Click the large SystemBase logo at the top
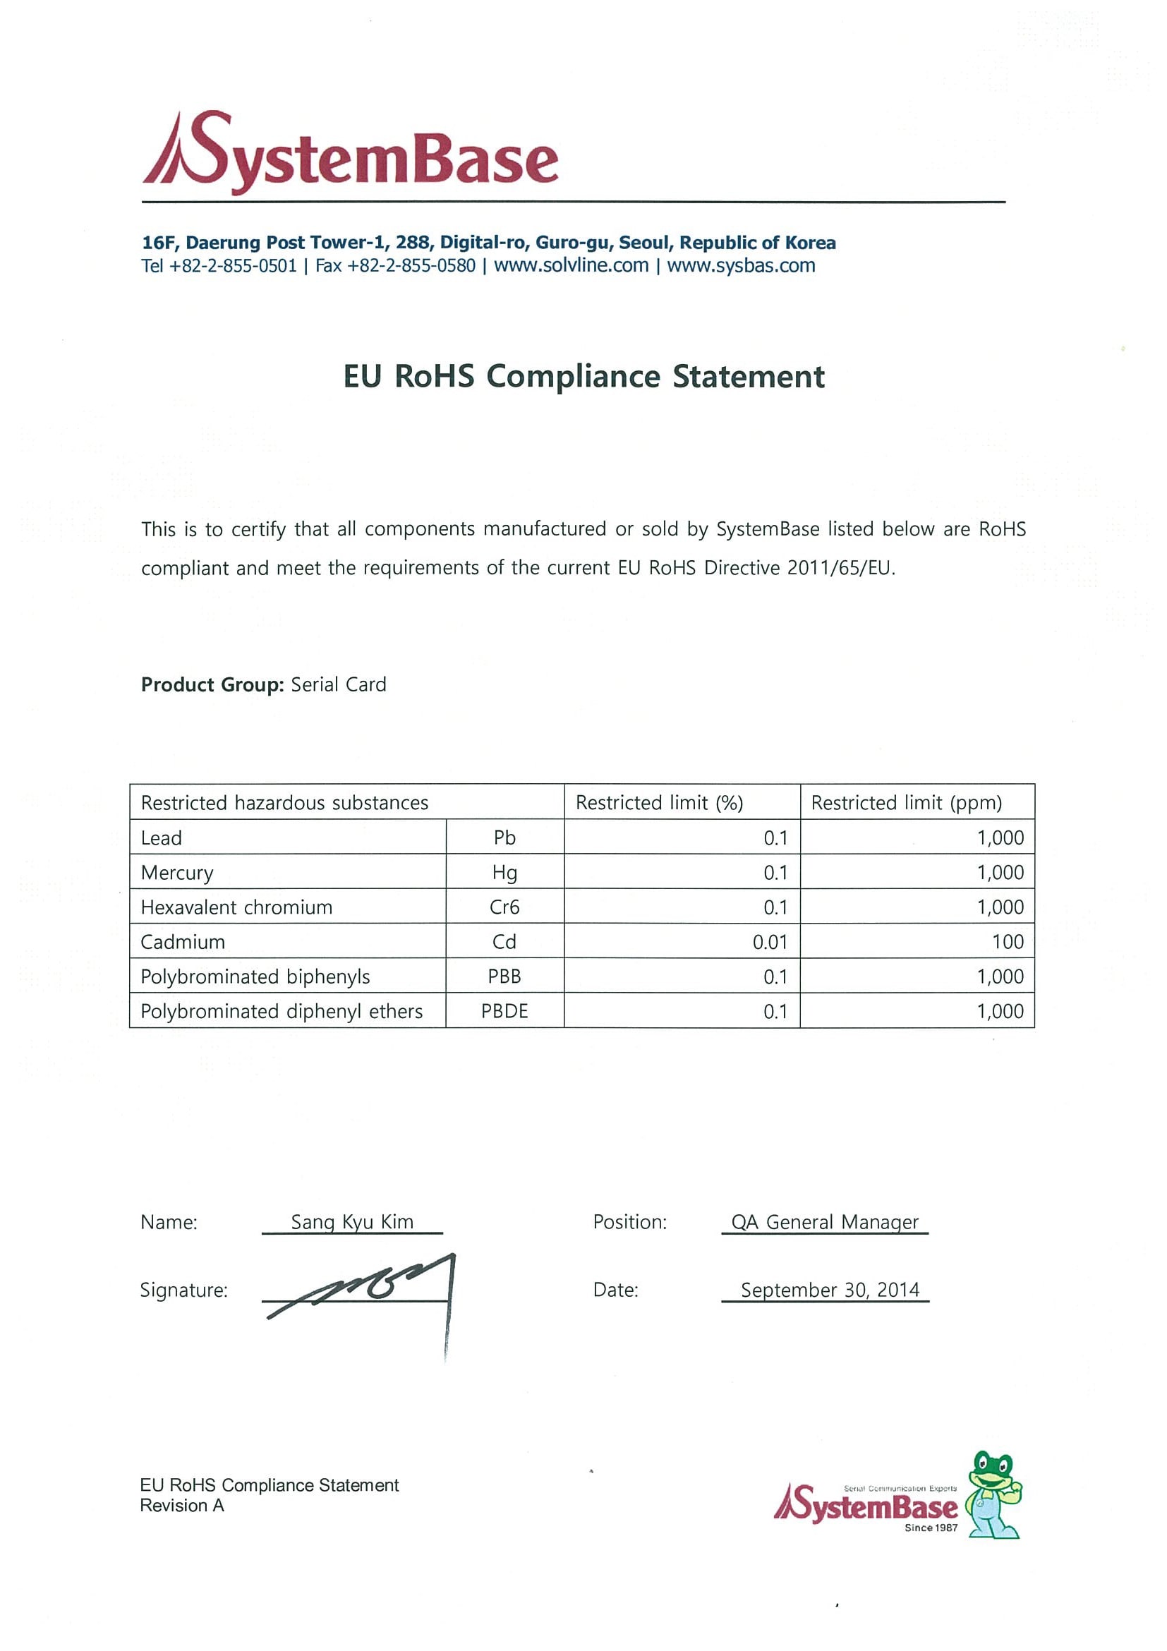(x=350, y=152)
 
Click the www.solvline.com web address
(x=571, y=265)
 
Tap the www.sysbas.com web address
(x=741, y=265)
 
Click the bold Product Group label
(x=212, y=684)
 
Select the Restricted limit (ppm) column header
(x=906, y=802)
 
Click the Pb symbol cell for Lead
(x=504, y=837)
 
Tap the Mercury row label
(x=177, y=873)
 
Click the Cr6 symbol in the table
(x=504, y=907)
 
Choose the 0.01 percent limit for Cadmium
(x=769, y=942)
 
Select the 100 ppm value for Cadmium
(x=1008, y=942)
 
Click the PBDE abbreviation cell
(x=504, y=1011)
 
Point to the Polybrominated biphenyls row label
(x=255, y=976)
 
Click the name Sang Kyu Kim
(x=351, y=1222)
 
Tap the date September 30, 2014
(x=830, y=1290)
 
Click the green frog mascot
(x=994, y=1495)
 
